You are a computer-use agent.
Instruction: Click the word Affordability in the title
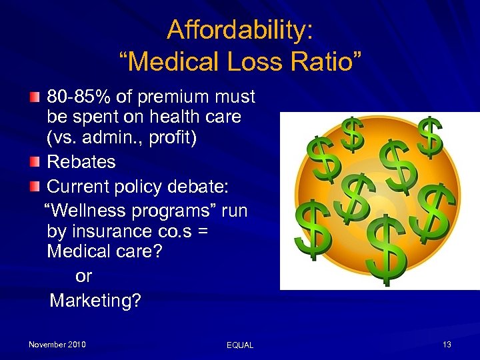coord(238,29)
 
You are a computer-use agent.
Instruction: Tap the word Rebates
coord(81,162)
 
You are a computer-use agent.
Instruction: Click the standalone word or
coord(84,276)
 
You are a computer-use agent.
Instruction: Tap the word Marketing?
coord(95,301)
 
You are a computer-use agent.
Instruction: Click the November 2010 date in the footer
coord(57,345)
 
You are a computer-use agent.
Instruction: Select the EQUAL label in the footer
coord(240,345)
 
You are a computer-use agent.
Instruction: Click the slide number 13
coord(447,345)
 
